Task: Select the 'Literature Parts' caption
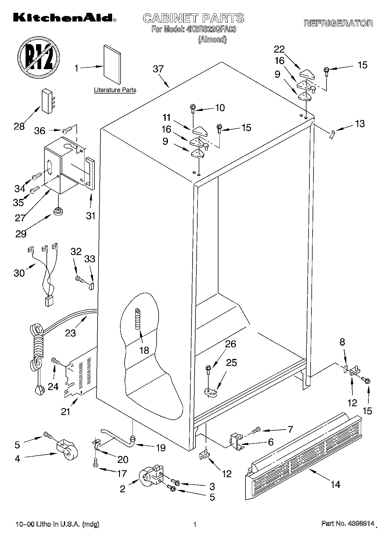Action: click(x=115, y=90)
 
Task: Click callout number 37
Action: click(x=158, y=69)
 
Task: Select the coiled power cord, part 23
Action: click(x=38, y=346)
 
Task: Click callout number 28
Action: click(x=19, y=126)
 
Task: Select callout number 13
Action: click(x=360, y=124)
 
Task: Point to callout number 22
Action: click(x=279, y=49)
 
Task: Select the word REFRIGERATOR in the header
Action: click(x=338, y=24)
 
